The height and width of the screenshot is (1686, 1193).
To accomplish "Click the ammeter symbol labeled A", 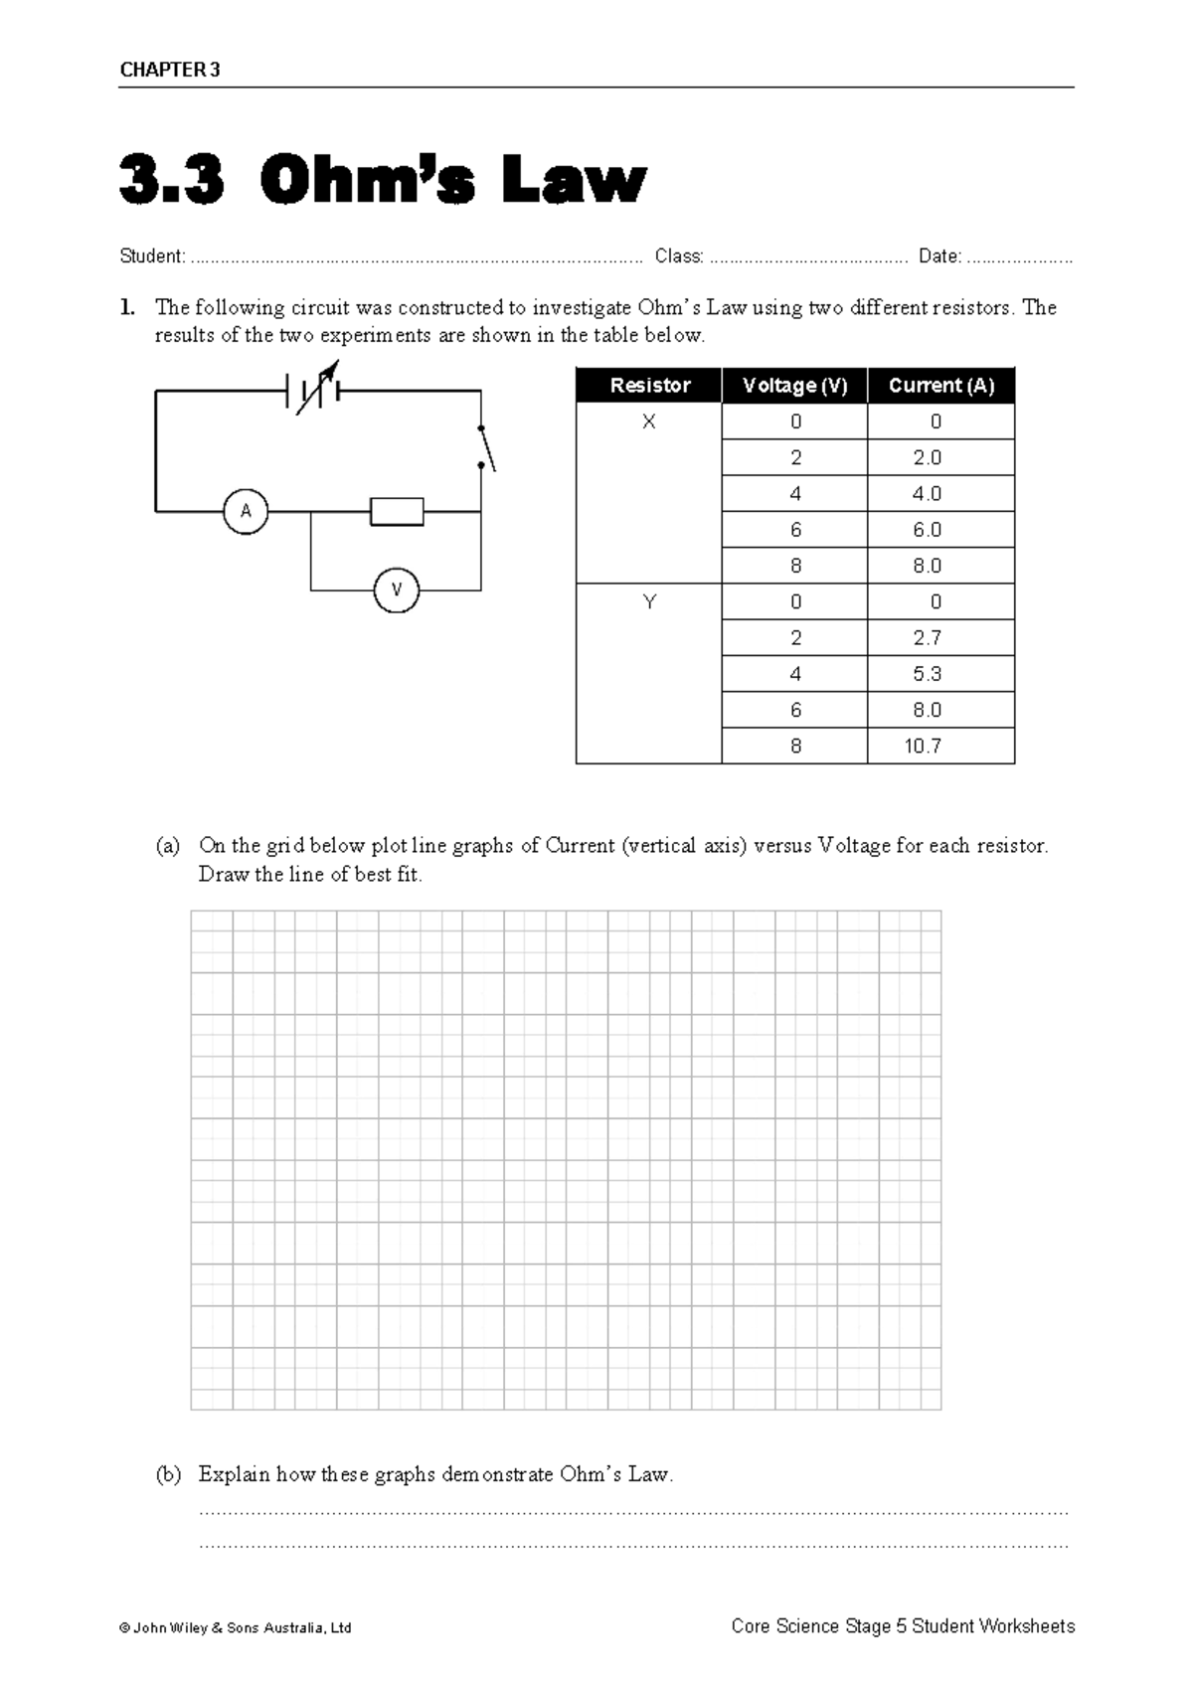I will coord(246,512).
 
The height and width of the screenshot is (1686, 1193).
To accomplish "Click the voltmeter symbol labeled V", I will coord(397,590).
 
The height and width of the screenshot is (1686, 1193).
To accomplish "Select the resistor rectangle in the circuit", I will coord(397,512).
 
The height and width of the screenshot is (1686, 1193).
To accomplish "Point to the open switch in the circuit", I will coord(486,448).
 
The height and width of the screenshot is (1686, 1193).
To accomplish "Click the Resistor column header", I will coord(649,386).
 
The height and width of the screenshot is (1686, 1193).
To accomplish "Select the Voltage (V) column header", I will coord(794,386).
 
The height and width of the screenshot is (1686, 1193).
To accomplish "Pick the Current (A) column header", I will coord(940,386).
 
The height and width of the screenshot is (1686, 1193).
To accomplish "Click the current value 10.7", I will coord(923,746).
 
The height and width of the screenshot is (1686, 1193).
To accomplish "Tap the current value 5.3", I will coord(927,674).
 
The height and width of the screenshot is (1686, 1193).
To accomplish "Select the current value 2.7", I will coord(927,638).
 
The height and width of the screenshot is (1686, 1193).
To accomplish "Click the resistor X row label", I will coord(649,421).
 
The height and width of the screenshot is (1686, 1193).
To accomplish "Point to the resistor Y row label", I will coord(649,601).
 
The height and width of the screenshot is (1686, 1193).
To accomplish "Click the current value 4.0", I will coord(927,494).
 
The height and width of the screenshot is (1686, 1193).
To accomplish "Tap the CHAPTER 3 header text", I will coord(170,70).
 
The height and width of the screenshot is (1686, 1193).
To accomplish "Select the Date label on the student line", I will coord(939,256).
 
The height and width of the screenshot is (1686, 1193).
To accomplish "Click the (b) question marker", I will coord(168,1474).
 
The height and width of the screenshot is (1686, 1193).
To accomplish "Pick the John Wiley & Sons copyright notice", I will coord(236,1628).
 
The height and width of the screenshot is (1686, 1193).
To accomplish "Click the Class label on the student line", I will coord(679,256).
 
